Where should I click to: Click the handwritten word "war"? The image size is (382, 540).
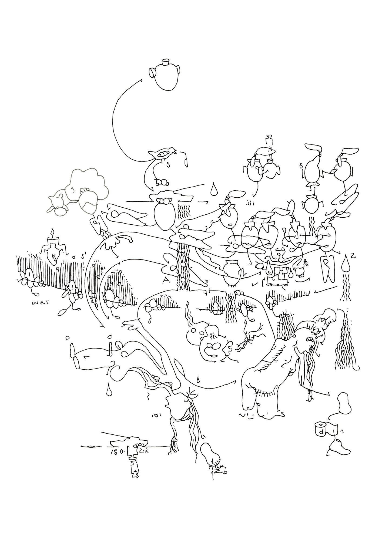[x=40, y=303]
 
